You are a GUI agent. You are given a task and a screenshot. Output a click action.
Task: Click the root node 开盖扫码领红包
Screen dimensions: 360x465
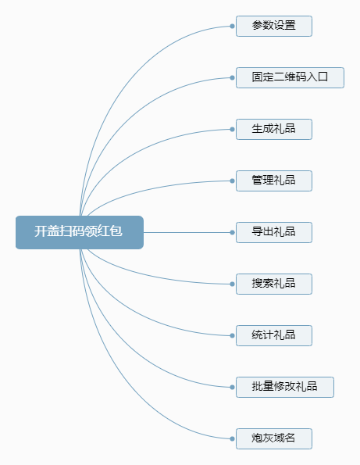point(80,233)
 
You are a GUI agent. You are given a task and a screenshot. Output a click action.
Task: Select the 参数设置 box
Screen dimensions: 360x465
point(274,26)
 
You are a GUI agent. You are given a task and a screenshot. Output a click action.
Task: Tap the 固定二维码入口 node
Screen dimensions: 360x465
point(290,77)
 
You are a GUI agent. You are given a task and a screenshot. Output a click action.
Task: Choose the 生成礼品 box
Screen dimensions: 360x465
point(274,129)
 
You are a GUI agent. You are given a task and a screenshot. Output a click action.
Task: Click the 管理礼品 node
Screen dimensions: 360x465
point(274,181)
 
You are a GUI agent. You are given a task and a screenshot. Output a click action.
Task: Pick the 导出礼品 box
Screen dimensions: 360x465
point(274,233)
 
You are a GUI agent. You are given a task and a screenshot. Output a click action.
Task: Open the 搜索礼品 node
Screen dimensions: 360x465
point(274,284)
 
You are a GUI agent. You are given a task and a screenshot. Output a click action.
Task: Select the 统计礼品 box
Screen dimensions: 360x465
point(274,336)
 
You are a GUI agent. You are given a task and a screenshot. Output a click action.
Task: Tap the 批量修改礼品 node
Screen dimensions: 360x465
point(285,388)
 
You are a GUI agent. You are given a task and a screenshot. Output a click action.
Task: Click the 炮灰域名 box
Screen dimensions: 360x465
point(274,439)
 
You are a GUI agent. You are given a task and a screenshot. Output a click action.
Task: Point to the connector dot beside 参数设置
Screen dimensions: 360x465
point(232,26)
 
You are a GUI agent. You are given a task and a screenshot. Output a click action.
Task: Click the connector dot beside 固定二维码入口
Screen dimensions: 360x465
point(232,77)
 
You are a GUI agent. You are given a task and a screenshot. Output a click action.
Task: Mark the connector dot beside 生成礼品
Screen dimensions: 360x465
point(232,129)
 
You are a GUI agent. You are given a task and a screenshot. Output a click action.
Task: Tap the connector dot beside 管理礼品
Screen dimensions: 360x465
point(232,181)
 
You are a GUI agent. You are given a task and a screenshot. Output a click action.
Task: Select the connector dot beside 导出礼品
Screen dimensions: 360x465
point(232,233)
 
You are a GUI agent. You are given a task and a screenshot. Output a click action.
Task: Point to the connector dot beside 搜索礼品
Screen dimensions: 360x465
point(232,284)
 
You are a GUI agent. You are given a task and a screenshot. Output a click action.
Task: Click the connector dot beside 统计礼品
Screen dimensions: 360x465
point(232,336)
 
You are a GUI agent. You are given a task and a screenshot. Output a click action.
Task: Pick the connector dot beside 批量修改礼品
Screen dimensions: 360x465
point(232,388)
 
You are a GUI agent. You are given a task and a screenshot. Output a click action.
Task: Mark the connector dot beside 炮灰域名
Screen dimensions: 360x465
point(232,439)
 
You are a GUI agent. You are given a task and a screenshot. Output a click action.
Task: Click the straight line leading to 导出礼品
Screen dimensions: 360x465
point(187,233)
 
